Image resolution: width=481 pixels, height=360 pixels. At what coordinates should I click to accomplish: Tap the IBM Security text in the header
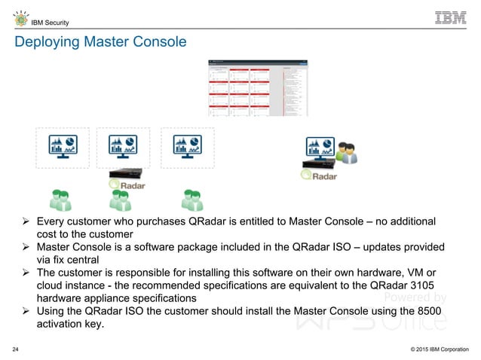[46, 20]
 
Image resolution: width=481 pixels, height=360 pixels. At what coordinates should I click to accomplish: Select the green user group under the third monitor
[193, 200]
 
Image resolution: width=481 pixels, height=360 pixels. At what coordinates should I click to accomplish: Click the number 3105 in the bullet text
[420, 285]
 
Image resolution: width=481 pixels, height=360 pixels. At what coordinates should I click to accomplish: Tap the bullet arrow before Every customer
[25, 221]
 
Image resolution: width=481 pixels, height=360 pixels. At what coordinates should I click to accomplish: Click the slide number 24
[16, 349]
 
